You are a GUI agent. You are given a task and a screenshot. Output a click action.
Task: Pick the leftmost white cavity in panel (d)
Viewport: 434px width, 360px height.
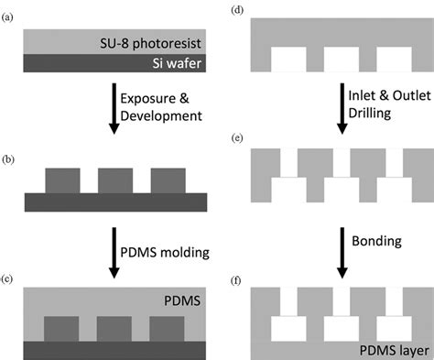(289, 60)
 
